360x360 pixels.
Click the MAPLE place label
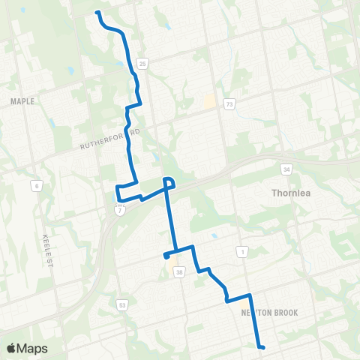pos(23,100)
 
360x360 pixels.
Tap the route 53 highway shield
pos(121,304)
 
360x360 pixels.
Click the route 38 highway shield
pos(178,273)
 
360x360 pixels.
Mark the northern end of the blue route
pos(98,13)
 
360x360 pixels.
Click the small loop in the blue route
pos(169,182)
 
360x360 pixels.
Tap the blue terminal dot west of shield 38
pos(166,256)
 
